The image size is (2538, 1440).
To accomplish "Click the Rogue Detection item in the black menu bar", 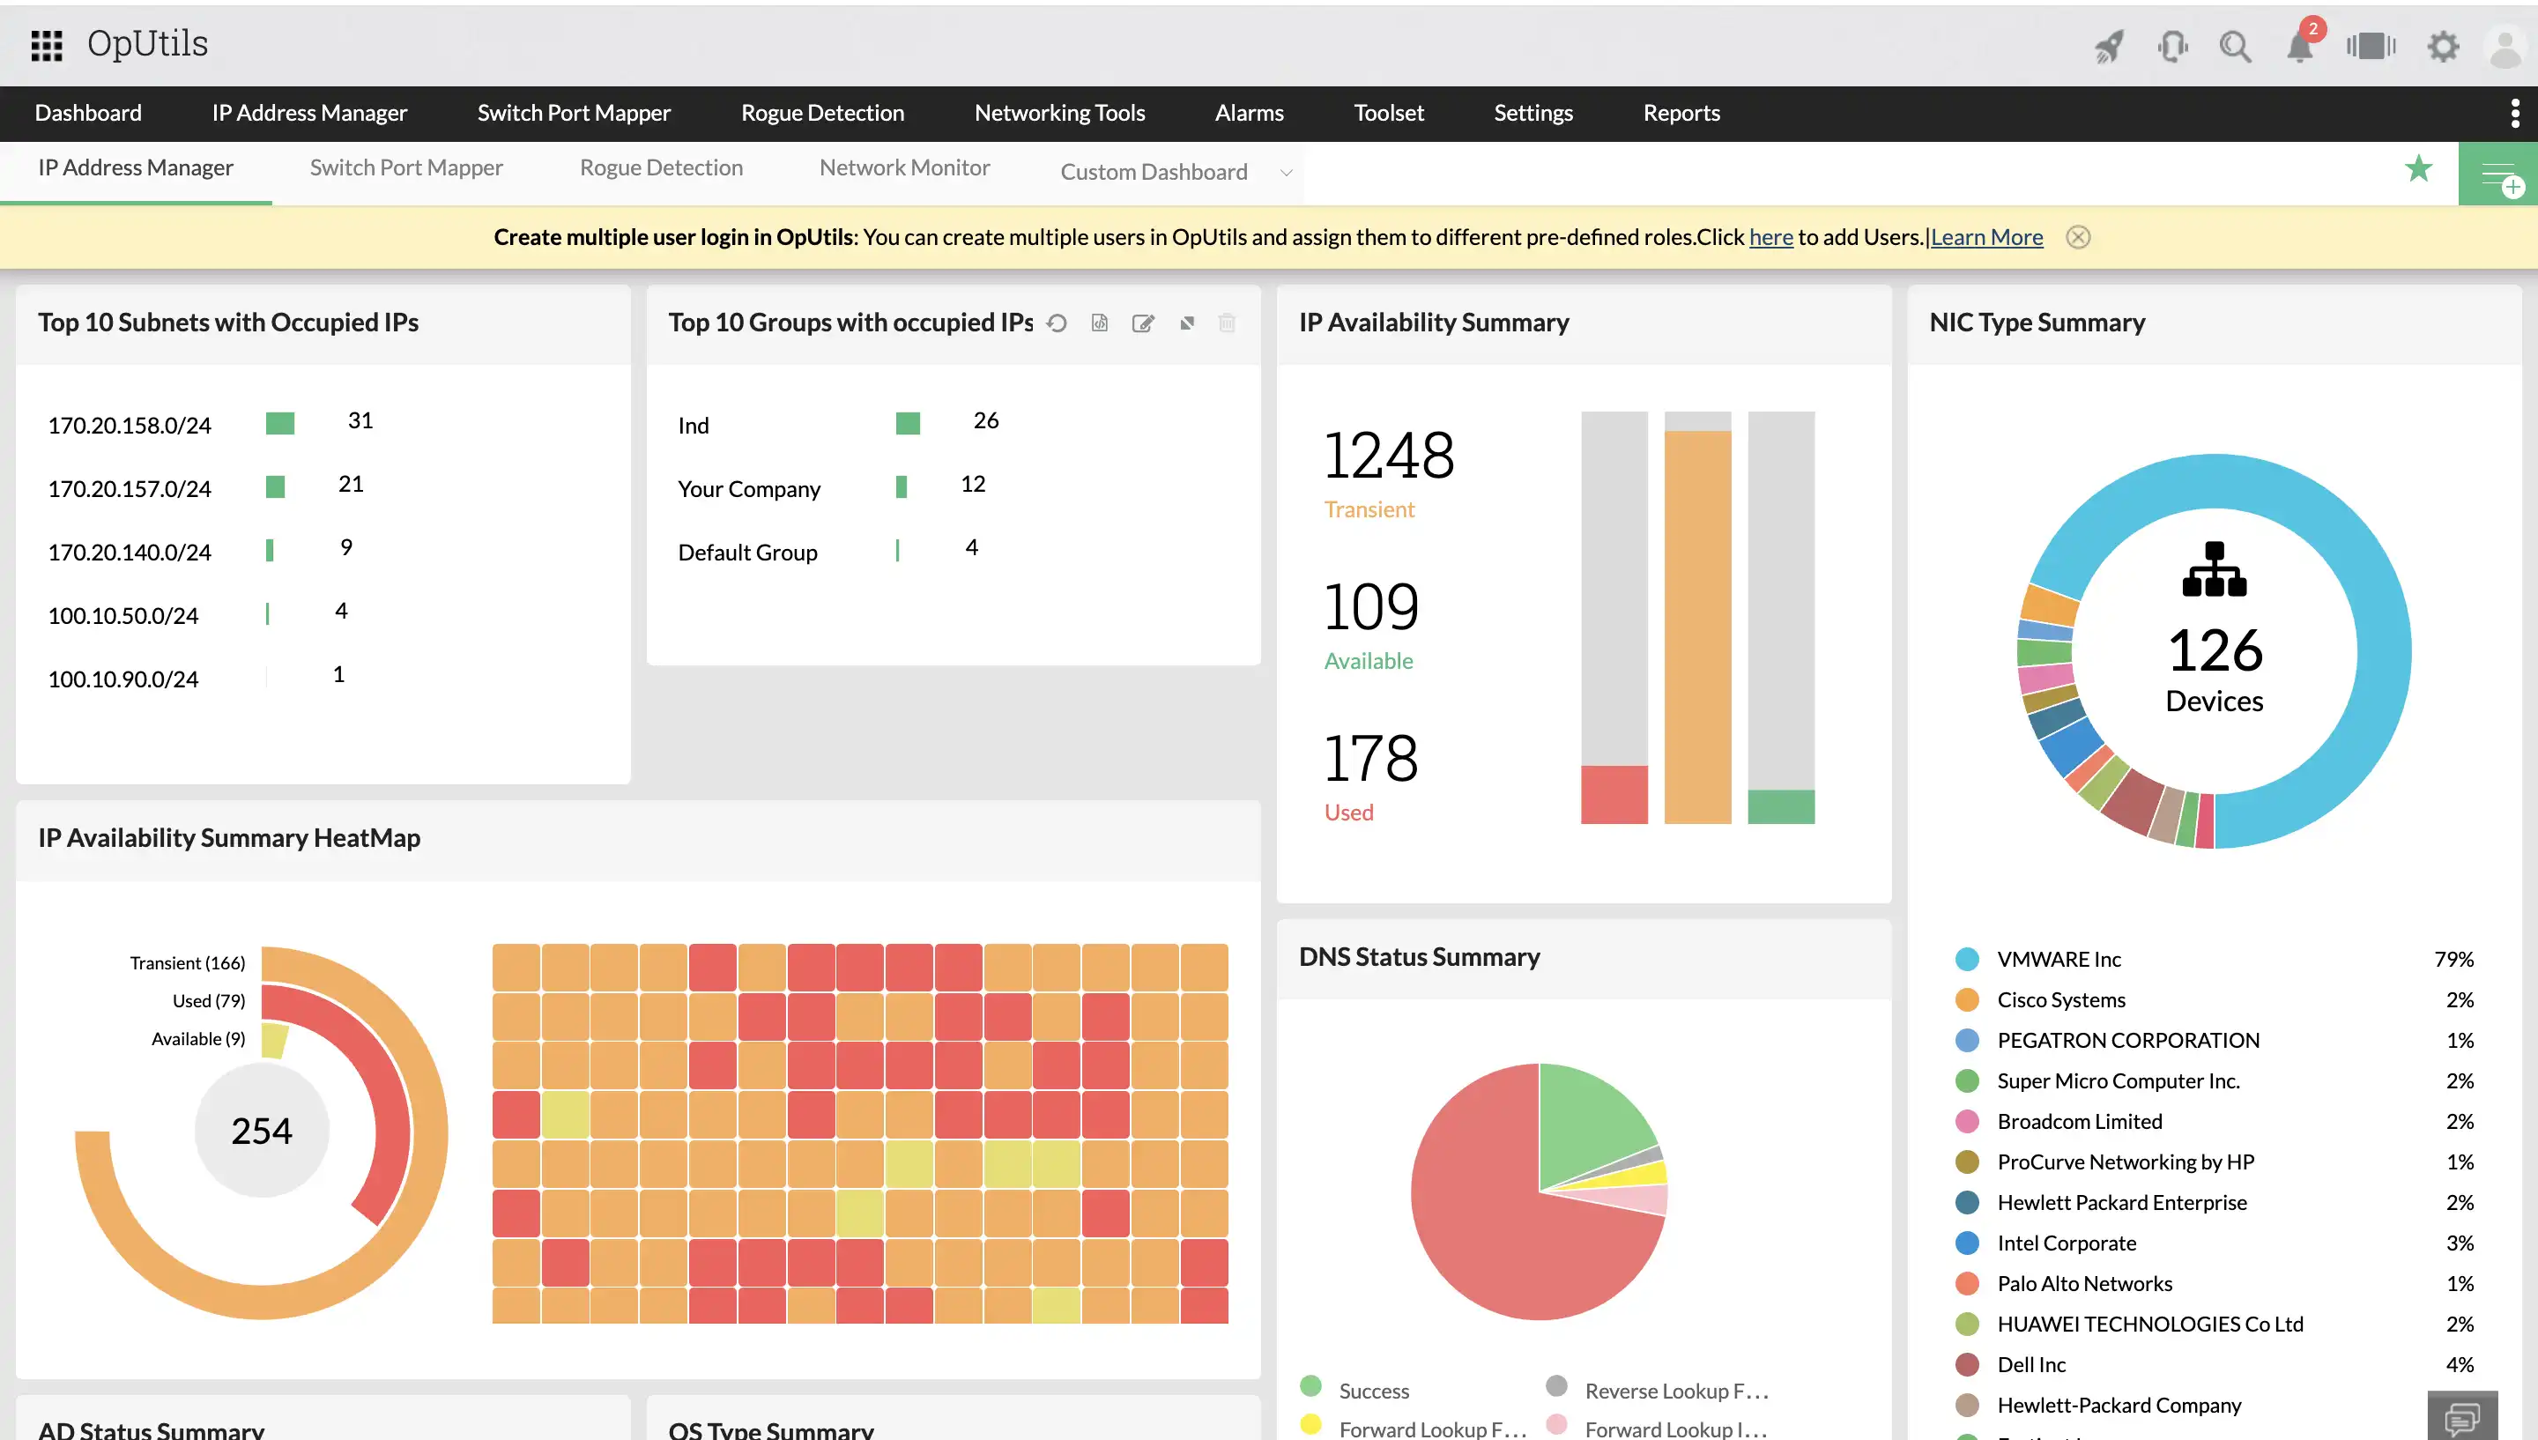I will (821, 113).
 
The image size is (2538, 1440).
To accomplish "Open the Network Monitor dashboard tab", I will (903, 168).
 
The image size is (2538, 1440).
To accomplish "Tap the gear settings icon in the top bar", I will (2442, 47).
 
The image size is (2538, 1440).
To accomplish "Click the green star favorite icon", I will (2418, 169).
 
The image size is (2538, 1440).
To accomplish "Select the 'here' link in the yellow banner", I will (1770, 237).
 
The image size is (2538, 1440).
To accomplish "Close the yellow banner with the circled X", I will (2077, 237).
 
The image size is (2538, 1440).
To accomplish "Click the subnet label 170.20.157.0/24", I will (130, 488).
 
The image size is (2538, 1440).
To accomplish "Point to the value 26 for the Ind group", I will (986, 420).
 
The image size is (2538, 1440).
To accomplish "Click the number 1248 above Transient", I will (1388, 456).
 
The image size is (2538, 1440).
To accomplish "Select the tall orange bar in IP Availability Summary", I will (1696, 626).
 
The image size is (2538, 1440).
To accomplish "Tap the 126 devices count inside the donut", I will (2214, 650).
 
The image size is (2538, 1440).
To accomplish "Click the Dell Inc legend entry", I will (2030, 1365).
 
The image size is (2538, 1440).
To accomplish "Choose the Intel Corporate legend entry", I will (2066, 1243).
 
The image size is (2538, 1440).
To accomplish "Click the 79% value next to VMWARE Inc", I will (2453, 960).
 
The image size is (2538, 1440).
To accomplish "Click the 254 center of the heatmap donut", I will (262, 1131).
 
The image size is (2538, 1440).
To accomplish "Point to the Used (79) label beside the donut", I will (209, 1001).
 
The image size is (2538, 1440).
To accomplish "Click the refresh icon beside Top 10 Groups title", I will (1056, 323).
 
